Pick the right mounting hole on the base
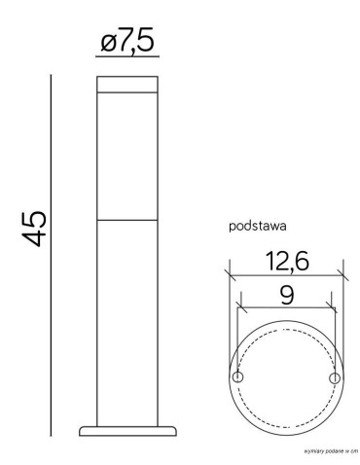334,376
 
